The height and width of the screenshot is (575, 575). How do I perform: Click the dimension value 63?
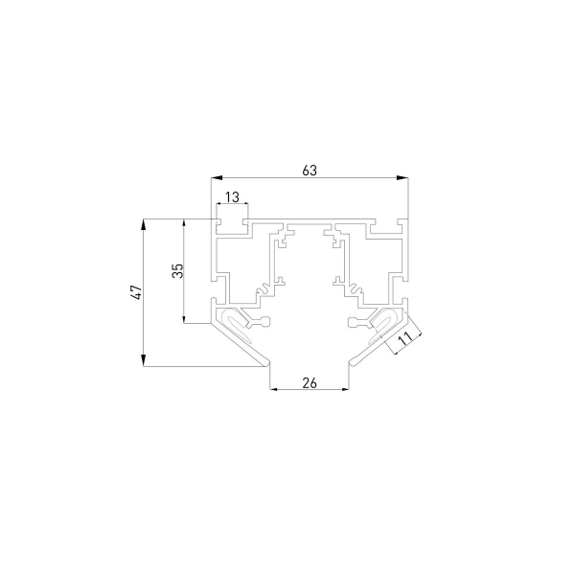[x=310, y=171]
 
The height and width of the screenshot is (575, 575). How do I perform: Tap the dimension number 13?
[x=232, y=197]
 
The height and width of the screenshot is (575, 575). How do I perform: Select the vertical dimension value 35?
[x=177, y=270]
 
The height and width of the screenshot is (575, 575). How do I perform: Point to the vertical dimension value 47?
[x=136, y=292]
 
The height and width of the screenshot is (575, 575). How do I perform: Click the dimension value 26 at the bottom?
[x=310, y=382]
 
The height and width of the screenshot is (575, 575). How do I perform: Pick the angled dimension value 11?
[x=404, y=337]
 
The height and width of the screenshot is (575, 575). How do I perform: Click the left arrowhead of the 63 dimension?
[x=217, y=178]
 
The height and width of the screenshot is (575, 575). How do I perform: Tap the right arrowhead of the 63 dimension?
[x=402, y=178]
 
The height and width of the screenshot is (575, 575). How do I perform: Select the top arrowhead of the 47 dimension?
[x=144, y=225]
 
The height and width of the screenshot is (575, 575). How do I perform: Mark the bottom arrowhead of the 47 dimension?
[x=144, y=360]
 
